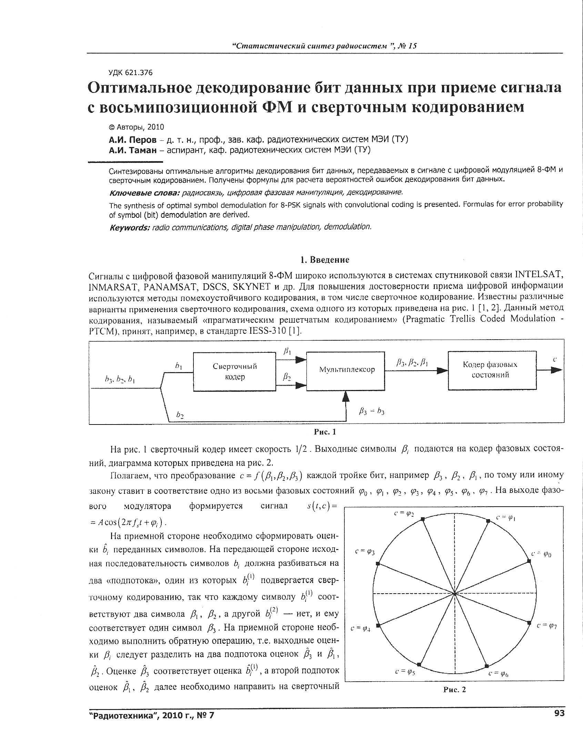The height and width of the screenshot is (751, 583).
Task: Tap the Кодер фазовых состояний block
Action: tap(492, 370)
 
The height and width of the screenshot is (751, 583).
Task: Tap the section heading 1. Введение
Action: tap(324, 260)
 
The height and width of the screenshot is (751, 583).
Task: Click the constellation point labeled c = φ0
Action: tap(530, 562)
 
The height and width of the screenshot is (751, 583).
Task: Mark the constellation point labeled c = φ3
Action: tap(378, 564)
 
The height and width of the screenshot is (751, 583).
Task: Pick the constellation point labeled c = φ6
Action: tap(487, 666)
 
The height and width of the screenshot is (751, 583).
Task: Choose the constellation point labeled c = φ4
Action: tap(378, 625)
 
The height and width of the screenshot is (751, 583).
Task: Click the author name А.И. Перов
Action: tap(133, 140)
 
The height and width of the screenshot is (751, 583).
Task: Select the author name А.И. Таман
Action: tap(133, 150)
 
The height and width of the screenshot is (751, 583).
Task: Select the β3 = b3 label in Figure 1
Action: tap(371, 411)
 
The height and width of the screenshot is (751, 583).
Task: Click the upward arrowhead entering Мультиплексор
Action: tap(346, 397)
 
